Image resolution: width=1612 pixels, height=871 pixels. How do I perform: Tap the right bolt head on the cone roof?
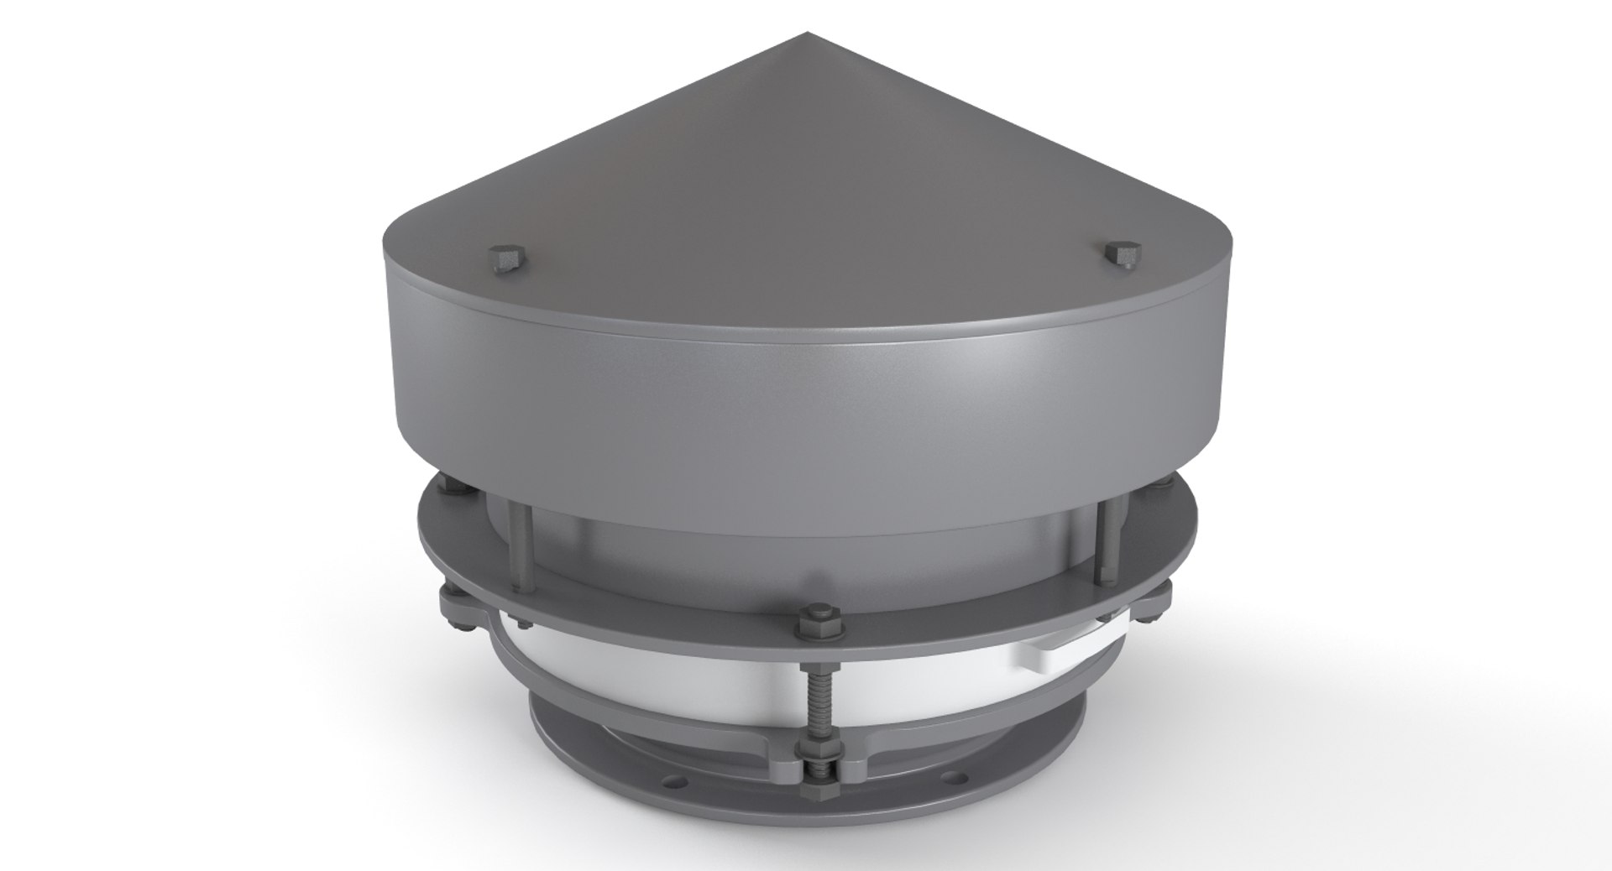pos(1122,253)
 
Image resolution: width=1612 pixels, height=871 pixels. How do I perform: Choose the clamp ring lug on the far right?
pos(1159,597)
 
